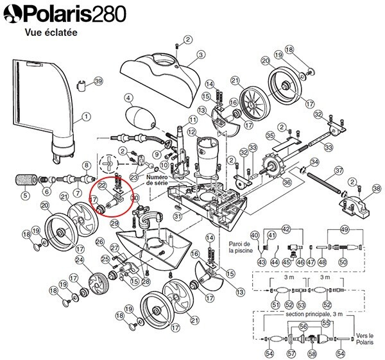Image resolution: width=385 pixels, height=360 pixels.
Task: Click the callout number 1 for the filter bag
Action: click(x=86, y=117)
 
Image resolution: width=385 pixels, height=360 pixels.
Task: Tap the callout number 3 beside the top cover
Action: click(x=201, y=55)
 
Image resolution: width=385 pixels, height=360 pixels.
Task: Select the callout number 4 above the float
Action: click(x=128, y=98)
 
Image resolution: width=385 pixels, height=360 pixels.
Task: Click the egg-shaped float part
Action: click(x=141, y=117)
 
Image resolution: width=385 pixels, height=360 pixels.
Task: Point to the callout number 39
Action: click(x=98, y=81)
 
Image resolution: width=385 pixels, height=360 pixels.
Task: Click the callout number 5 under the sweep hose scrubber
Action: click(x=25, y=196)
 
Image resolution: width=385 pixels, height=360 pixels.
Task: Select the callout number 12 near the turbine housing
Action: click(x=192, y=133)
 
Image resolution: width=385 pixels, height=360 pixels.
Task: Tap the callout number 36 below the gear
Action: click(x=287, y=182)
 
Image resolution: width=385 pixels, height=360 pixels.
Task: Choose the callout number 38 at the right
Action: click(x=377, y=189)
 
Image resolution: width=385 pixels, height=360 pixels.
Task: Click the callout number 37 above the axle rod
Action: click(x=339, y=170)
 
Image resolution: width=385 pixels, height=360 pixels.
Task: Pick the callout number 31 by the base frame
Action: click(x=178, y=216)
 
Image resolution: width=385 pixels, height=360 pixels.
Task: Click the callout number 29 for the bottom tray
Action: click(x=114, y=223)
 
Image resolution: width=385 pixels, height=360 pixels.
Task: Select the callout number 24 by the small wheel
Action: click(x=80, y=260)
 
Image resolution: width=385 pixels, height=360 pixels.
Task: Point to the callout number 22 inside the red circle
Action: click(x=103, y=186)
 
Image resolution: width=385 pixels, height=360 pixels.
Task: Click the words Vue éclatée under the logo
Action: click(x=51, y=33)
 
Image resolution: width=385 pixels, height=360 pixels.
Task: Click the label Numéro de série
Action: click(x=157, y=180)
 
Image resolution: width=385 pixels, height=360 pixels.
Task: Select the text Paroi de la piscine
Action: click(x=241, y=247)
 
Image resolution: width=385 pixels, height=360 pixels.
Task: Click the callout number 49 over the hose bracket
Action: click(x=345, y=229)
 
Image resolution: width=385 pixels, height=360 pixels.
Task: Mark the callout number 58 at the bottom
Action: click(x=312, y=354)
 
